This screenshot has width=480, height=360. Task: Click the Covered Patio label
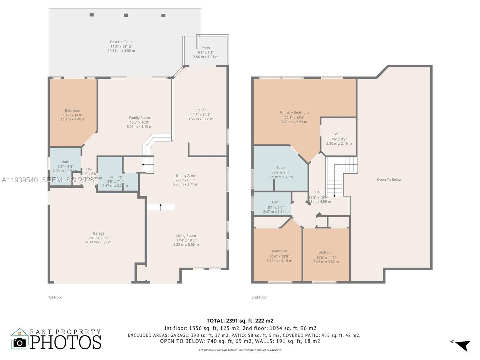coord(121,42)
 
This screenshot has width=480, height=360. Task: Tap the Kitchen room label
coord(200,110)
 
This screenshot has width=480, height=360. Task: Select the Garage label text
coord(98,233)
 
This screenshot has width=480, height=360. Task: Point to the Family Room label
coord(139,118)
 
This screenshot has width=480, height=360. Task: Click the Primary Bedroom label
coord(294,112)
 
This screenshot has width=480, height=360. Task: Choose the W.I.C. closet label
coord(339,134)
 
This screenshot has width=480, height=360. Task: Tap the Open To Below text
coord(389,180)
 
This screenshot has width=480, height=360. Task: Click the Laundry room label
coord(115,177)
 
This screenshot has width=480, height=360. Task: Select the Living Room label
coord(186,236)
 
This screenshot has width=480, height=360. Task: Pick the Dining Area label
coord(185,175)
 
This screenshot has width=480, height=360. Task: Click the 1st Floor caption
coord(55,297)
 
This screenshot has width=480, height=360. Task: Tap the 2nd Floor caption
coord(259,297)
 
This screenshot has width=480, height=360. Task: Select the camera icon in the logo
coord(20,342)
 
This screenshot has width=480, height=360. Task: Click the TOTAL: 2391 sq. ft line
coord(240,321)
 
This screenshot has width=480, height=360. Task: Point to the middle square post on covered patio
coord(126,15)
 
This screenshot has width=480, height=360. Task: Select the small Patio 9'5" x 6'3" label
coord(205,48)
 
